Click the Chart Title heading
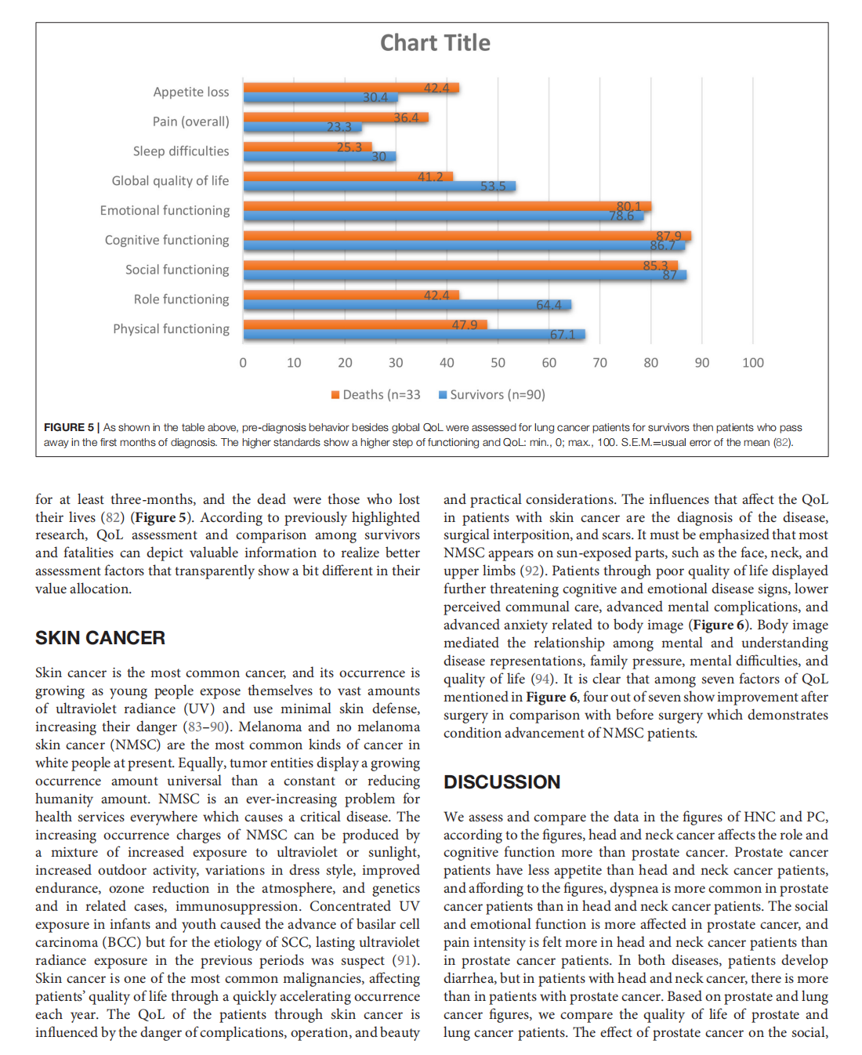tap(435, 43)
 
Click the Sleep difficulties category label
tap(181, 151)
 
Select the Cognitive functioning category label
tap(167, 240)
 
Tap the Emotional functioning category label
tap(165, 210)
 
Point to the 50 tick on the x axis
tap(498, 363)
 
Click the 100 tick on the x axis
tap(752, 363)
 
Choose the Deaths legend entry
tap(376, 395)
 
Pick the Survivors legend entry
tap(492, 395)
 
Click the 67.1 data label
tap(562, 335)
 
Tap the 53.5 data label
tap(493, 187)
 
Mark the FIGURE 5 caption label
tap(69, 427)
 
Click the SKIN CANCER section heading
tap(100, 638)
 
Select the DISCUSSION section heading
tap(502, 782)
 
